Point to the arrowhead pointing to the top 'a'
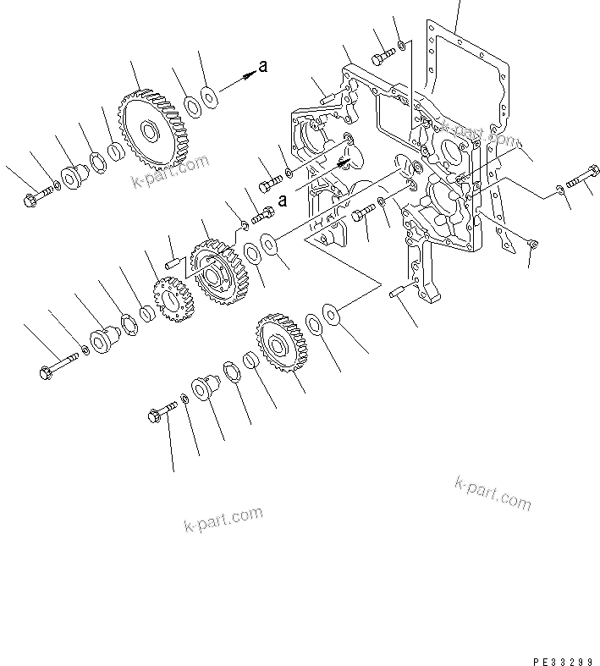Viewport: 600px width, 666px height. click(249, 75)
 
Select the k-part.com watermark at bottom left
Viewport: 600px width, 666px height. click(223, 520)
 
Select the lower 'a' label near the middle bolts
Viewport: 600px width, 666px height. click(283, 201)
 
